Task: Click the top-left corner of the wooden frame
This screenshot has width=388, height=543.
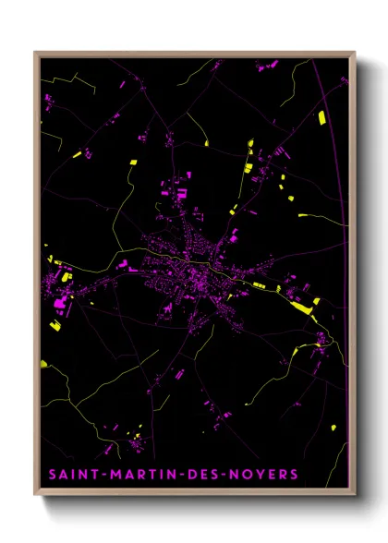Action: pos(35,53)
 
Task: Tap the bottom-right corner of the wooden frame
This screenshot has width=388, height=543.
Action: pos(355,497)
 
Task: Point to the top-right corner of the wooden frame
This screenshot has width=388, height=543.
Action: pos(355,53)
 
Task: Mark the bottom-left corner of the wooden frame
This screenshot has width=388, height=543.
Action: pos(35,497)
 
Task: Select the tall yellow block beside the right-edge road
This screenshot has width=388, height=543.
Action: pos(321,117)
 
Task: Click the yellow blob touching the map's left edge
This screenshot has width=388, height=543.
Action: pos(43,364)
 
